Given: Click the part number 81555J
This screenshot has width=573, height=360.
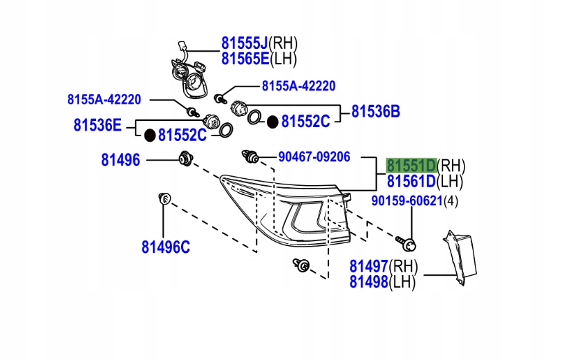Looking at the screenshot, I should click(x=244, y=42).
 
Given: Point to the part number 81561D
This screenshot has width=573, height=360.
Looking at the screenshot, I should click(x=411, y=182).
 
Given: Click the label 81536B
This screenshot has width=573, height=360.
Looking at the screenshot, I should click(x=376, y=111).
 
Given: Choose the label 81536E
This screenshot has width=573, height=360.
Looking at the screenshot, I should click(x=97, y=125).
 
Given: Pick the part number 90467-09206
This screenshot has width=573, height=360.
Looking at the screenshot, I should click(x=314, y=156).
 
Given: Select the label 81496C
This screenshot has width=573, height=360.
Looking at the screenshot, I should click(x=165, y=247).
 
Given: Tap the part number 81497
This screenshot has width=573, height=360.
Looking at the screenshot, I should click(x=368, y=266).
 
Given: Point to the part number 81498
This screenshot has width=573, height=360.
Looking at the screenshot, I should click(x=368, y=281).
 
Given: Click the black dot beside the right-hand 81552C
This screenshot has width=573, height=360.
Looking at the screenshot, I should click(x=273, y=122).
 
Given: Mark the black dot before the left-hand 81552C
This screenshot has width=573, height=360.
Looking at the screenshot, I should click(x=149, y=135).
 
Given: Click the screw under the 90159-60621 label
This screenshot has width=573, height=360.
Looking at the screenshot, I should click(x=408, y=243).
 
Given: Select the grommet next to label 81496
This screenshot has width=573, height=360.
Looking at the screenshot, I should click(x=185, y=158).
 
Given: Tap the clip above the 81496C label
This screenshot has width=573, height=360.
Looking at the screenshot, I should click(x=164, y=200).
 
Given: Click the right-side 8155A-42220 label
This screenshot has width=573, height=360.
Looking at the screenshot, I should click(x=298, y=86).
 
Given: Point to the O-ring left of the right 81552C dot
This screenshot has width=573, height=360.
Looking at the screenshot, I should click(x=254, y=119).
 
